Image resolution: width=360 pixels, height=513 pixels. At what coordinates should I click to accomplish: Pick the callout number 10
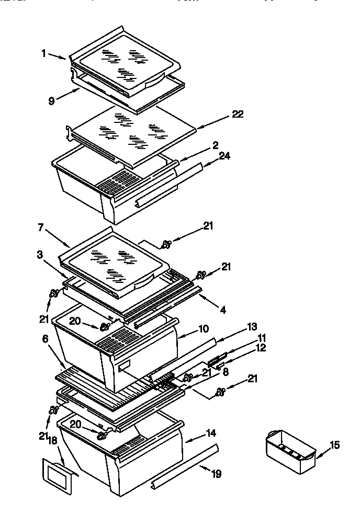[203, 329]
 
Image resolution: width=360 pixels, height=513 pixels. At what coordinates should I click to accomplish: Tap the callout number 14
[211, 433]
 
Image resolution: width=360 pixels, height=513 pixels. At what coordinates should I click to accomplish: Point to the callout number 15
[334, 445]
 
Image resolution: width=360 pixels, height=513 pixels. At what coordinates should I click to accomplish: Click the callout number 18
[52, 441]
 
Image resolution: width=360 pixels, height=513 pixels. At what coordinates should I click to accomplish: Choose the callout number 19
[216, 474]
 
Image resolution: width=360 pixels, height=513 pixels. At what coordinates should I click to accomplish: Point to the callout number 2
[215, 145]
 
